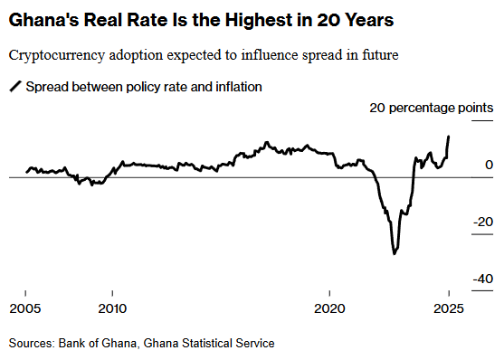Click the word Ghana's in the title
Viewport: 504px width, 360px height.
pyautogui.click(x=43, y=20)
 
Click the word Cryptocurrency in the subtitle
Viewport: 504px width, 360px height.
pyautogui.click(x=57, y=55)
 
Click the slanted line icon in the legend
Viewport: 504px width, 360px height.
pyautogui.click(x=15, y=87)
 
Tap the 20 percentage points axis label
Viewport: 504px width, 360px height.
pyautogui.click(x=432, y=108)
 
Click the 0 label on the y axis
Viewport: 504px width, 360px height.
pyautogui.click(x=489, y=165)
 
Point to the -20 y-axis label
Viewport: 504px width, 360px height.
pyautogui.click(x=483, y=222)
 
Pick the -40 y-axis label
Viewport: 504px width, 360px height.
pyautogui.click(x=483, y=279)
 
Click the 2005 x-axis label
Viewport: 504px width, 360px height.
pyautogui.click(x=25, y=308)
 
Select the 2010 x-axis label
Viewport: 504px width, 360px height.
pyautogui.click(x=112, y=308)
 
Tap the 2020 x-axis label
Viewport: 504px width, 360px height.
pyautogui.click(x=329, y=308)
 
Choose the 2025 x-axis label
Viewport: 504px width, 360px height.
pyautogui.click(x=449, y=308)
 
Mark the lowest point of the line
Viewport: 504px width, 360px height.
pyautogui.click(x=395, y=254)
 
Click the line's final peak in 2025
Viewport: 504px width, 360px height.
pyautogui.click(x=449, y=137)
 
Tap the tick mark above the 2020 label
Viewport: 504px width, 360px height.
pyautogui.click(x=329, y=293)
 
